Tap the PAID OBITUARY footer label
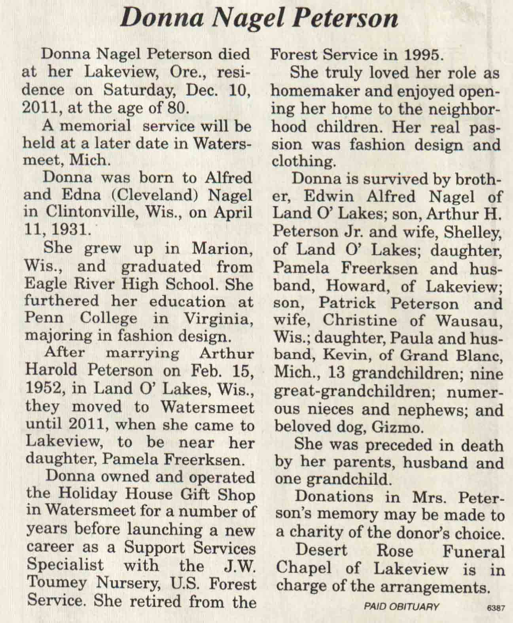pos(401,606)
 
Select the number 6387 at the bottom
pos(496,609)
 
